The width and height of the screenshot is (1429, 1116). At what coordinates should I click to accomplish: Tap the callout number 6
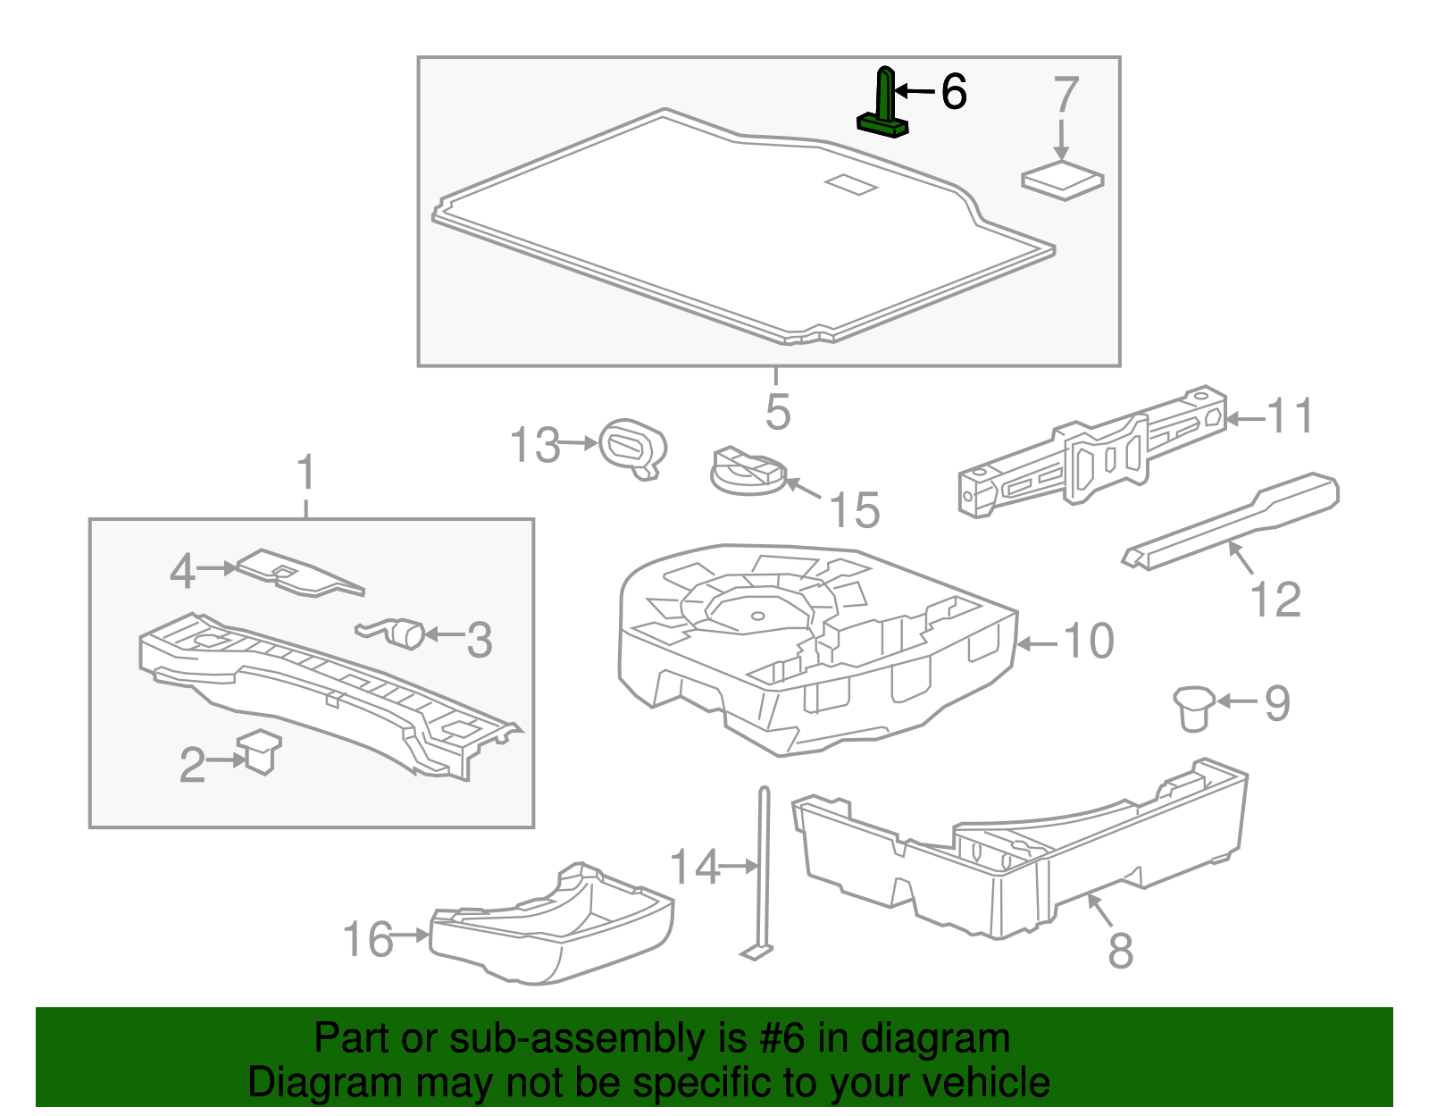(x=953, y=92)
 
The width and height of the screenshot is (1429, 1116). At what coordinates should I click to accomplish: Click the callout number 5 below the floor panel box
(x=777, y=412)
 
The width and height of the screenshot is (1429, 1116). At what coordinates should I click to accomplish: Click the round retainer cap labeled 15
(x=746, y=471)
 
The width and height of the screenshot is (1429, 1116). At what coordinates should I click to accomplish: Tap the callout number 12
(x=1274, y=600)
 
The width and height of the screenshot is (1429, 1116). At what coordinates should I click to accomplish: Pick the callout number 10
(x=1088, y=641)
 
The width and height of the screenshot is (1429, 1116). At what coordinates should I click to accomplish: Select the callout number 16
(x=368, y=940)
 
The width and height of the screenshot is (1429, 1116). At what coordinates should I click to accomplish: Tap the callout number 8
(x=1120, y=950)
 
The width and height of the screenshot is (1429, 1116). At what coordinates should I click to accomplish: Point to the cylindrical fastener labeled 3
(x=407, y=633)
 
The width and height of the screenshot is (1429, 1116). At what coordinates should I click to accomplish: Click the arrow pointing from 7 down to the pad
(x=1061, y=141)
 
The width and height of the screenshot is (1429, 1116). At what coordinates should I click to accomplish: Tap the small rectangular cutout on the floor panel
(x=851, y=184)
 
